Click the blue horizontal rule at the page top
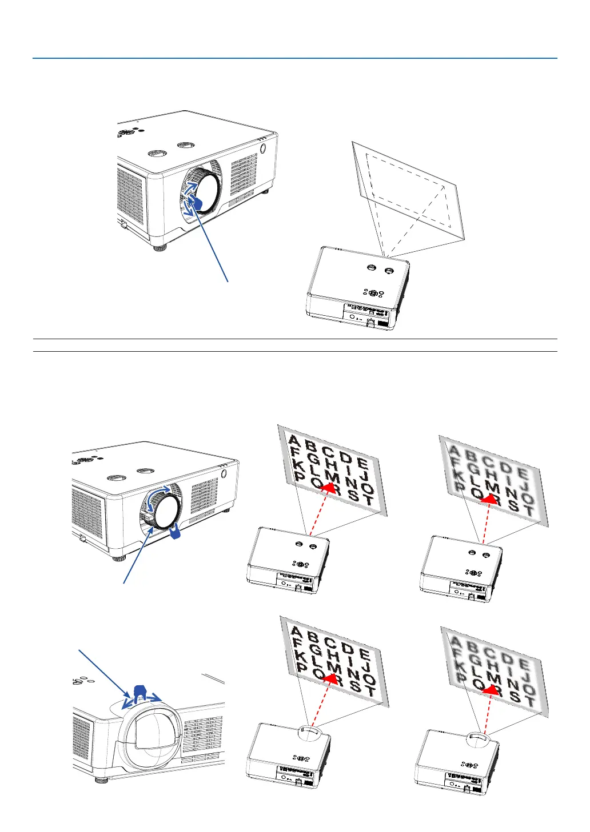pyautogui.click(x=294, y=58)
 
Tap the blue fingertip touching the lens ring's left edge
pyautogui.click(x=196, y=202)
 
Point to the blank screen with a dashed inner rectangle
pyautogui.click(x=409, y=191)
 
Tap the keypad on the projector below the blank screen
pyautogui.click(x=373, y=293)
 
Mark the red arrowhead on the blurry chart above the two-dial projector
pyautogui.click(x=488, y=498)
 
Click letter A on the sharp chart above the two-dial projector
pyautogui.click(x=294, y=440)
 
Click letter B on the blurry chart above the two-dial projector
pyautogui.click(x=471, y=456)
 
